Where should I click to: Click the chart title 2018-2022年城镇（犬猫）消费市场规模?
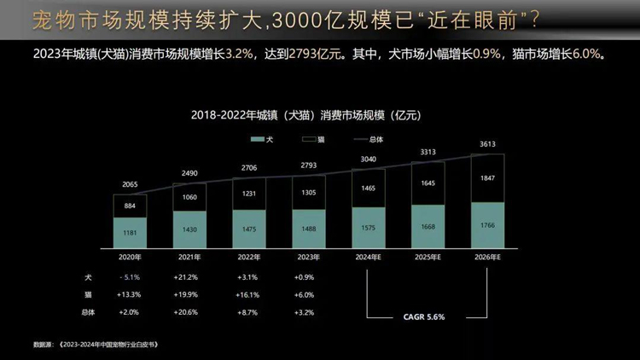[x=307, y=113]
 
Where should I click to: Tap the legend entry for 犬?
[x=262, y=139]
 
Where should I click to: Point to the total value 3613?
[x=488, y=145]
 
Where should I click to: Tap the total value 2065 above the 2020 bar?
[x=130, y=184]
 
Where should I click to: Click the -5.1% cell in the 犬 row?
[x=130, y=277]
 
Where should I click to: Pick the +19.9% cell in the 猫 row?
[x=189, y=294]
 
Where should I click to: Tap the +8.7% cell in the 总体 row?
[x=249, y=312]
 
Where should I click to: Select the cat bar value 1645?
[x=428, y=183]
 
